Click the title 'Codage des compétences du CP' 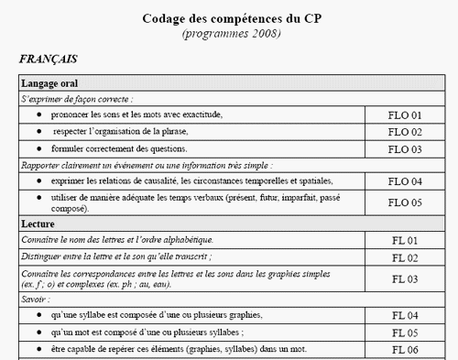click(230, 17)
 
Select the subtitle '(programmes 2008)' click(231, 34)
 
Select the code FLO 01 click(405, 115)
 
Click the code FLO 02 click(405, 132)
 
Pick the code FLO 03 click(405, 148)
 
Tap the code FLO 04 click(405, 181)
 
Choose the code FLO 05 click(405, 203)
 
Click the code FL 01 click(405, 240)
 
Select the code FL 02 click(405, 258)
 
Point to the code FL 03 click(405, 279)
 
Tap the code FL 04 click(405, 316)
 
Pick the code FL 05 click(405, 333)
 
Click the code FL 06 click(405, 350)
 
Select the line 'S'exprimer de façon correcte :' click(78, 98)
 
